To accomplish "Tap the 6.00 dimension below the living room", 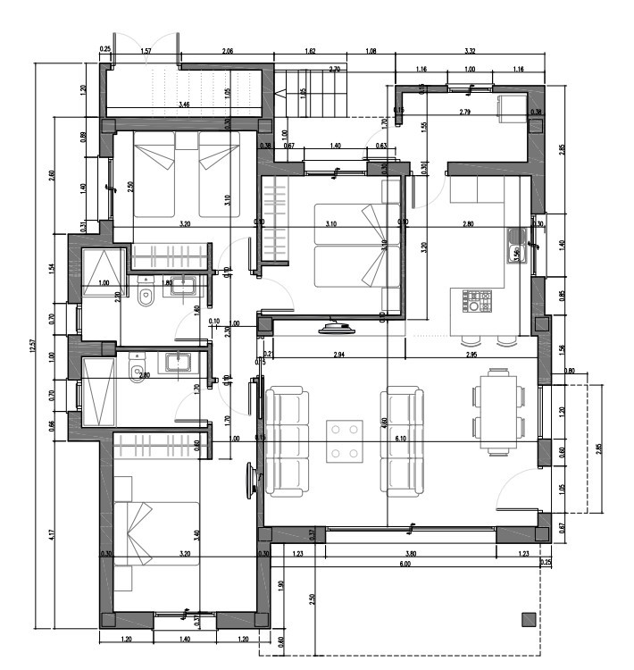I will (405, 564).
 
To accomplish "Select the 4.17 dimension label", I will (53, 535).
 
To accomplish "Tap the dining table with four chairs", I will (498, 411).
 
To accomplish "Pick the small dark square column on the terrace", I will (528, 617).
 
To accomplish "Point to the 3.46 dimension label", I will (184, 105).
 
